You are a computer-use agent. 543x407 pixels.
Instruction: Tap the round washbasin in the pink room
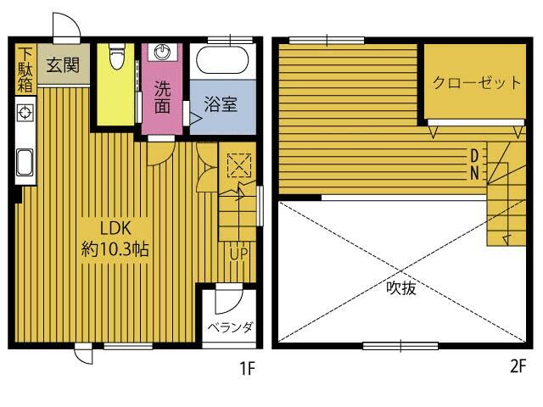click(162, 53)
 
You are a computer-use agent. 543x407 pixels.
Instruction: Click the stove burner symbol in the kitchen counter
click(25, 113)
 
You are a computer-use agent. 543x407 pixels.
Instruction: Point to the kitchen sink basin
click(25, 162)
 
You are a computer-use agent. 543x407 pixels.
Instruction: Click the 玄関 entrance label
click(63, 64)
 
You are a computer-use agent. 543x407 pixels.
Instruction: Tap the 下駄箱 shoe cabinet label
click(25, 70)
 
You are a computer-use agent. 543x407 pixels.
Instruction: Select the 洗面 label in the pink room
click(162, 98)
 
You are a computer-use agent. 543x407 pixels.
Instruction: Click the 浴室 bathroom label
click(221, 104)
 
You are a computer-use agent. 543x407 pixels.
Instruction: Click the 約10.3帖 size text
click(115, 249)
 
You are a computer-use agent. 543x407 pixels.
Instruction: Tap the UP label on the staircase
click(239, 254)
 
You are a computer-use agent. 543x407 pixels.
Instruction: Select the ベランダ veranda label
click(230, 327)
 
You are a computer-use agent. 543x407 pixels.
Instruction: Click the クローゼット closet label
click(477, 83)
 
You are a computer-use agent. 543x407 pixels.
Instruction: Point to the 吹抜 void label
click(401, 288)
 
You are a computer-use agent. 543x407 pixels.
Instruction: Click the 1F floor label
click(248, 368)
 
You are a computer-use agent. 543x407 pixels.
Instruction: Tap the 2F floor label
click(518, 366)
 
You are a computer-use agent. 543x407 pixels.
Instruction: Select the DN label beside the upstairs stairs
click(474, 164)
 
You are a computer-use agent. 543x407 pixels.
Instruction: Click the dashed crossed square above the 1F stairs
click(239, 165)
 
